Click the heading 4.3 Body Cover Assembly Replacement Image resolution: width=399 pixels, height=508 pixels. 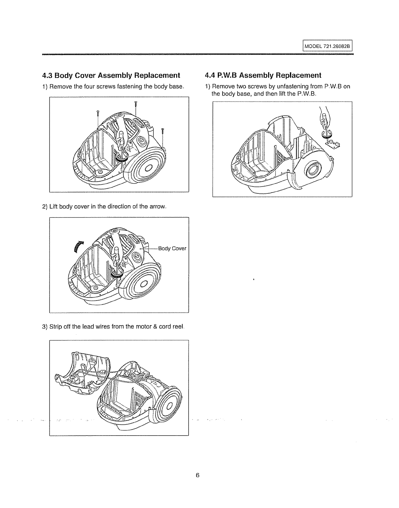[x=111, y=75]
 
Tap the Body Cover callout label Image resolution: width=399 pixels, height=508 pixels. [x=172, y=249]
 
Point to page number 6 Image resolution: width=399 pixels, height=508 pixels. [x=198, y=475]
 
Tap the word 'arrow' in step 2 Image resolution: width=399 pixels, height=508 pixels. [x=158, y=206]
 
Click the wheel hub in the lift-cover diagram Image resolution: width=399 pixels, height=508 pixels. [x=143, y=283]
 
